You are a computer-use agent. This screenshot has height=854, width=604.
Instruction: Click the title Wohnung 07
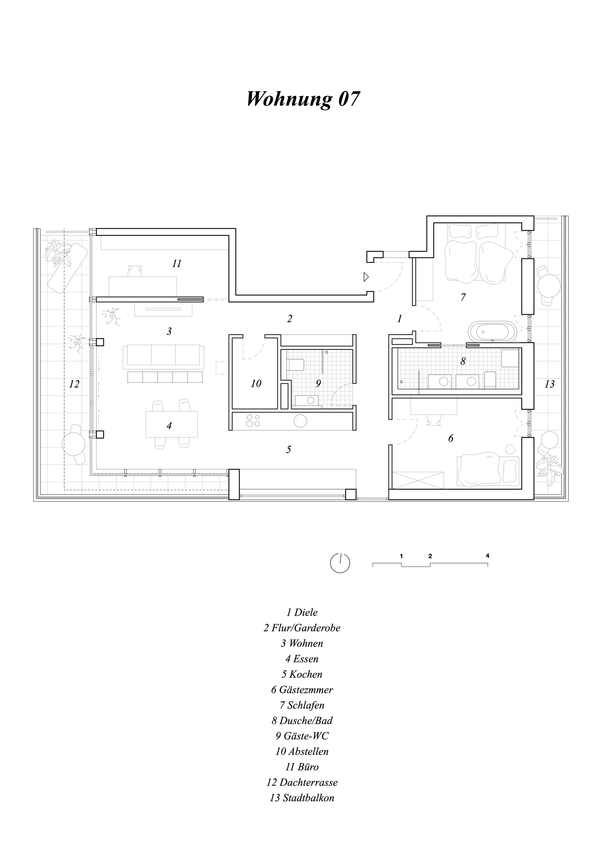[303, 99]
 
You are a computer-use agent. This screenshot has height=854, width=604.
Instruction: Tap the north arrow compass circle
[340, 573]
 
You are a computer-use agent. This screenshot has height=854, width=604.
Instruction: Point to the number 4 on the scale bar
[487, 567]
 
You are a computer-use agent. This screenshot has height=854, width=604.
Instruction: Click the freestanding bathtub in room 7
[492, 331]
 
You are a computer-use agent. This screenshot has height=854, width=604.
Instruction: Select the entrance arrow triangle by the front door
[366, 277]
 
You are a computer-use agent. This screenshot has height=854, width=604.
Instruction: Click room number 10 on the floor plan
[256, 383]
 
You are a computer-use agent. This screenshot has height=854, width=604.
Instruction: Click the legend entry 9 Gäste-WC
[302, 736]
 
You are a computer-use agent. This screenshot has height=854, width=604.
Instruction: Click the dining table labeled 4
[171, 424]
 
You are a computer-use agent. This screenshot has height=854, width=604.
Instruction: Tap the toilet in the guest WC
[296, 365]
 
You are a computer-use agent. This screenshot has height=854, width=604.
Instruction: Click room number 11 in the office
[177, 264]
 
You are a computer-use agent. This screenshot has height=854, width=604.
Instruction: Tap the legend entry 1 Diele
[302, 612]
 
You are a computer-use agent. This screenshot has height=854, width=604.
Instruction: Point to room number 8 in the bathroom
[463, 361]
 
